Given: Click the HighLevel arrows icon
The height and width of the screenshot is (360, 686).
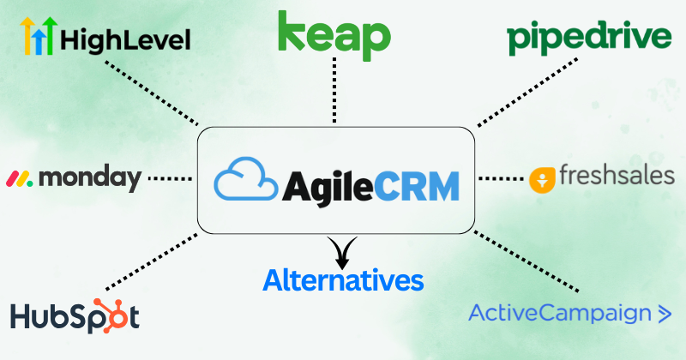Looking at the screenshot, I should click(38, 36).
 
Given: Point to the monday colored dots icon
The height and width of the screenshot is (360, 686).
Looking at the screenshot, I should click(20, 179).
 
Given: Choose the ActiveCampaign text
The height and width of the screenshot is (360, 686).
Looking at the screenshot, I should click(560, 314).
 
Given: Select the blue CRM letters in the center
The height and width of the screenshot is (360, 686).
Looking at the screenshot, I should click(418, 183).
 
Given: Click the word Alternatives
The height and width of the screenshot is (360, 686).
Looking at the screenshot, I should click(343, 279).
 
